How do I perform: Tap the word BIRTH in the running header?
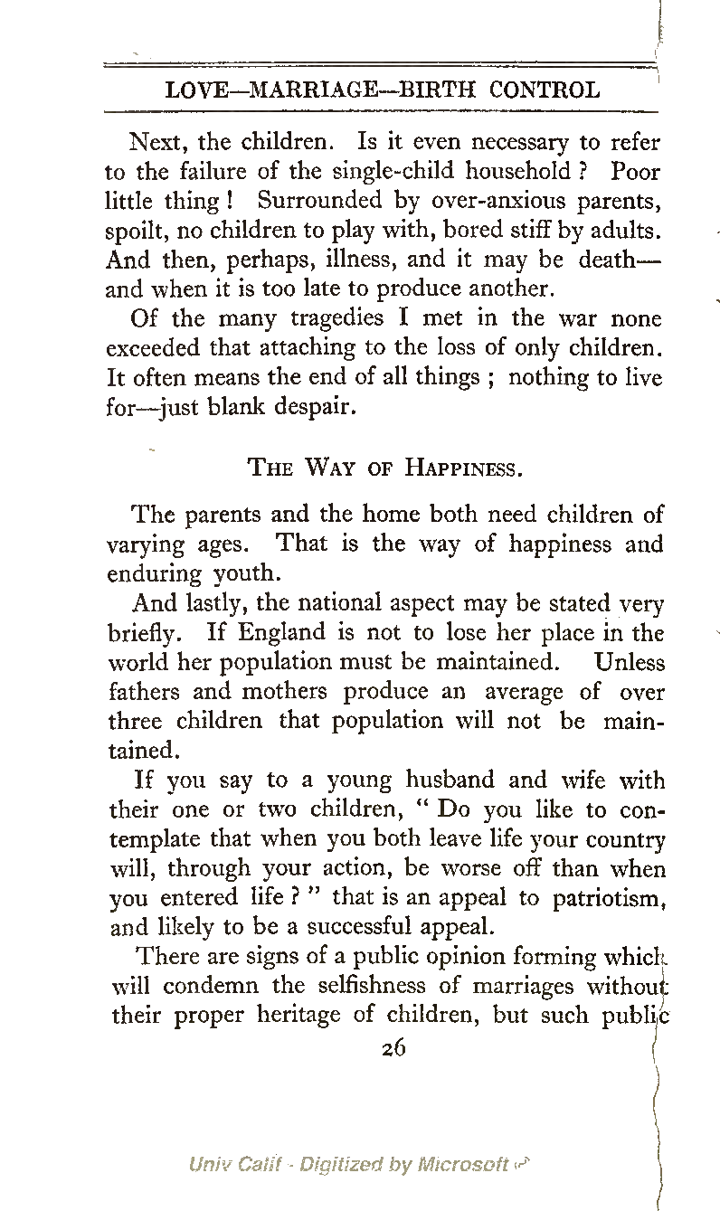tap(439, 90)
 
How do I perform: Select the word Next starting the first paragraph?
tap(158, 143)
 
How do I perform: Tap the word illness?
tap(353, 260)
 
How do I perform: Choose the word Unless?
tap(630, 662)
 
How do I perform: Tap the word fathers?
tap(147, 692)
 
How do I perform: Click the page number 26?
tap(393, 1048)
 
